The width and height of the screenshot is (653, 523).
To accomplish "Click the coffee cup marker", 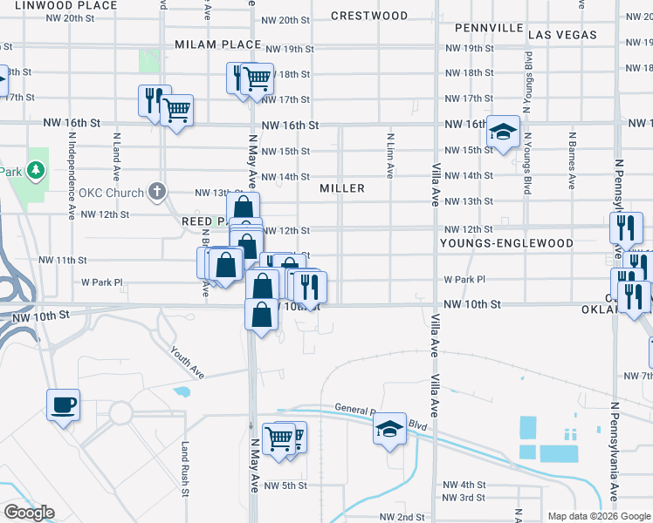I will (64, 405).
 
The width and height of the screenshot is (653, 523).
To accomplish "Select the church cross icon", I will (157, 191).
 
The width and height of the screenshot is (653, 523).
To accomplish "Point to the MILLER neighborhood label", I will (341, 188).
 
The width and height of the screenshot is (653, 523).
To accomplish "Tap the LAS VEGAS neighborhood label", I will (563, 35).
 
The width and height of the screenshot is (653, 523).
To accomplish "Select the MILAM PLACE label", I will (217, 44).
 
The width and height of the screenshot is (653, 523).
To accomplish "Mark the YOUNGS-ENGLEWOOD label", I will (506, 243).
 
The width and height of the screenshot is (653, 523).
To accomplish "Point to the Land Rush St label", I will (185, 468).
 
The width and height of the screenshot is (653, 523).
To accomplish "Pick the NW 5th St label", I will (285, 486).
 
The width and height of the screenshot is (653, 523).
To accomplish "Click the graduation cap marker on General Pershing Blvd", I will (389, 429).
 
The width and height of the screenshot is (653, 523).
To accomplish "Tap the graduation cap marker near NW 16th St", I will (503, 132).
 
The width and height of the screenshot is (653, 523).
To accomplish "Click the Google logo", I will (29, 513).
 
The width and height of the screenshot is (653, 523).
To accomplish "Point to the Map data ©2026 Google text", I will (598, 516).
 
